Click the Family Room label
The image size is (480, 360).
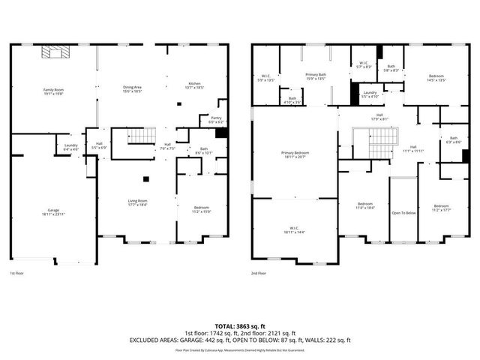point(53,91)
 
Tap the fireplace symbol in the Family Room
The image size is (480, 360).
point(54,52)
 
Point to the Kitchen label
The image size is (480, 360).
point(194,85)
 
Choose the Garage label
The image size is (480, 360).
point(53,212)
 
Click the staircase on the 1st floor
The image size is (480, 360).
point(139,136)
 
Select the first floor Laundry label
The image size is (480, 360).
point(71,147)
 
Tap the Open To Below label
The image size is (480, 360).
point(403,212)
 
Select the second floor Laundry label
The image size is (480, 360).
point(370,94)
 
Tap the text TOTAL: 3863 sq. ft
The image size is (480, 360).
point(241,326)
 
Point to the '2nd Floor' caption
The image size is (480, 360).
point(259,274)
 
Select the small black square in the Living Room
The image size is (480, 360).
point(146,178)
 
